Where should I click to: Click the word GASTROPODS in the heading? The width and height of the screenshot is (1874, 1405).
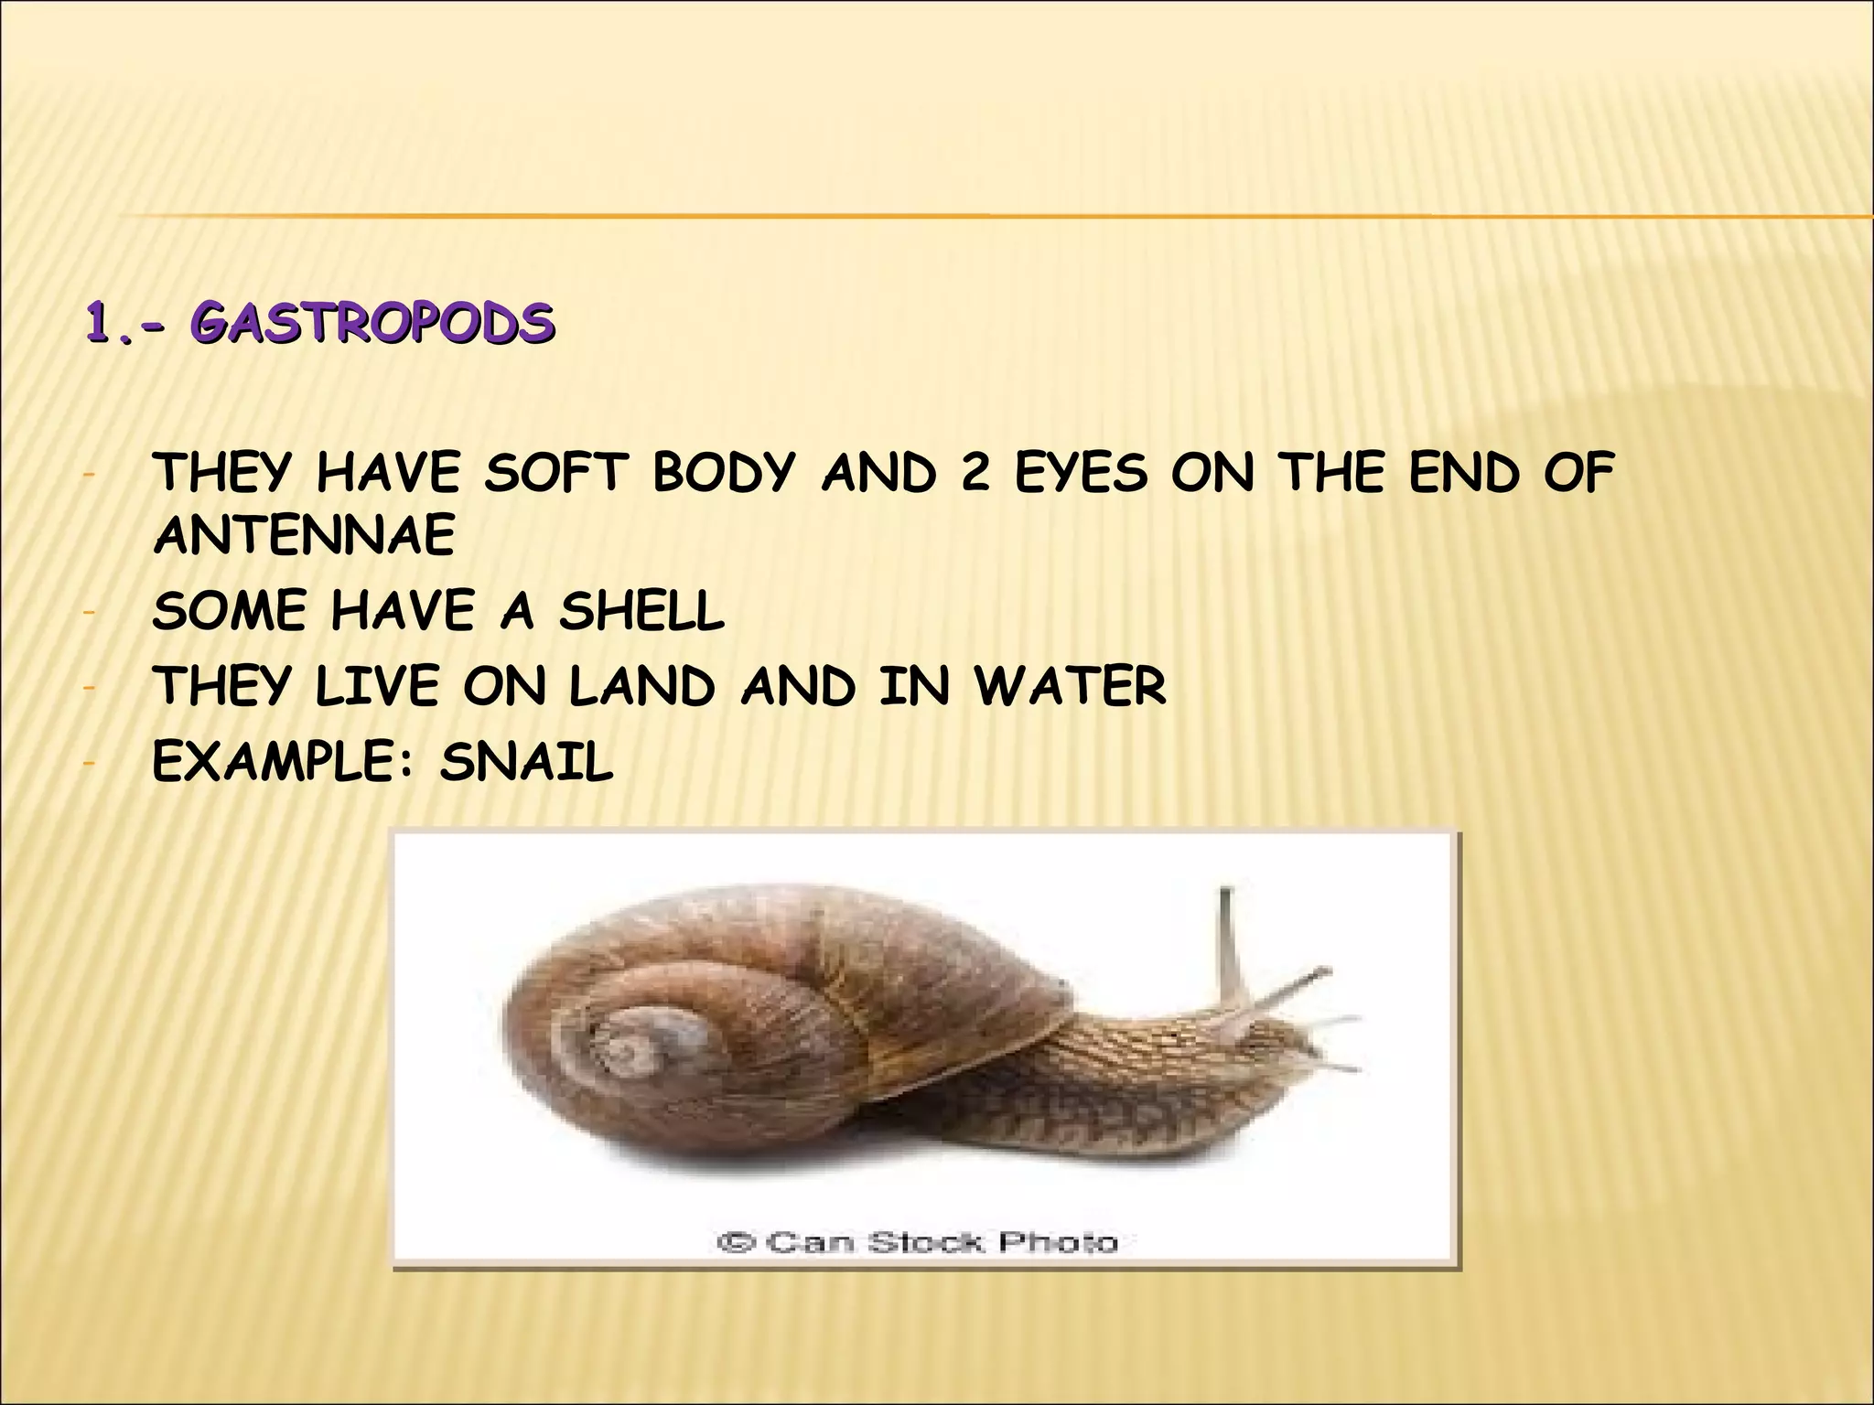click(x=372, y=324)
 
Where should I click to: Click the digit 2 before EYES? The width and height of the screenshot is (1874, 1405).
click(x=975, y=474)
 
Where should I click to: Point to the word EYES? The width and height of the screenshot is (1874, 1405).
click(x=1080, y=474)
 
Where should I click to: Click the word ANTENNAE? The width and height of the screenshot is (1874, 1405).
click(x=304, y=535)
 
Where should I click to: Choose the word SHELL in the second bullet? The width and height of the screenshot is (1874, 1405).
click(x=641, y=611)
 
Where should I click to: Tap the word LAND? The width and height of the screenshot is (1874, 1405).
click(x=641, y=686)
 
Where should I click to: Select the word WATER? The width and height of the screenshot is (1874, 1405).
click(x=1070, y=686)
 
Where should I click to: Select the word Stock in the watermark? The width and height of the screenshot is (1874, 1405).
click(x=926, y=1242)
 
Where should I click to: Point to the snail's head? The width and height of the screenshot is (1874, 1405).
click(x=1272, y=1038)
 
